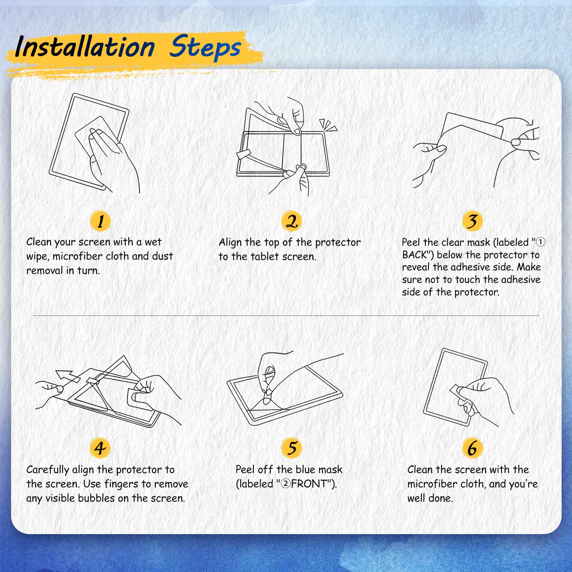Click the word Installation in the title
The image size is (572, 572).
85,47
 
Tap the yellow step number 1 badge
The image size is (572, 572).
100,221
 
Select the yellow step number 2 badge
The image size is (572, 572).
292,221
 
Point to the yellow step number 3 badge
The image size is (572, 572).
472,221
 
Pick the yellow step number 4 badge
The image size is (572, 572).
100,448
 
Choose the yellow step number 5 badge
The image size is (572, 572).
292,448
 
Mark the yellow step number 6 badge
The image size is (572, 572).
472,448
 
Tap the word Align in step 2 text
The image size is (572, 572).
230,243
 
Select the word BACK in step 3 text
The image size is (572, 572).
415,255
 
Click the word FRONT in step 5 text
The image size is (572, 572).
309,484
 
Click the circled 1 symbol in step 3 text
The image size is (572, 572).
541,242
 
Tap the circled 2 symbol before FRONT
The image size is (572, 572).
286,484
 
